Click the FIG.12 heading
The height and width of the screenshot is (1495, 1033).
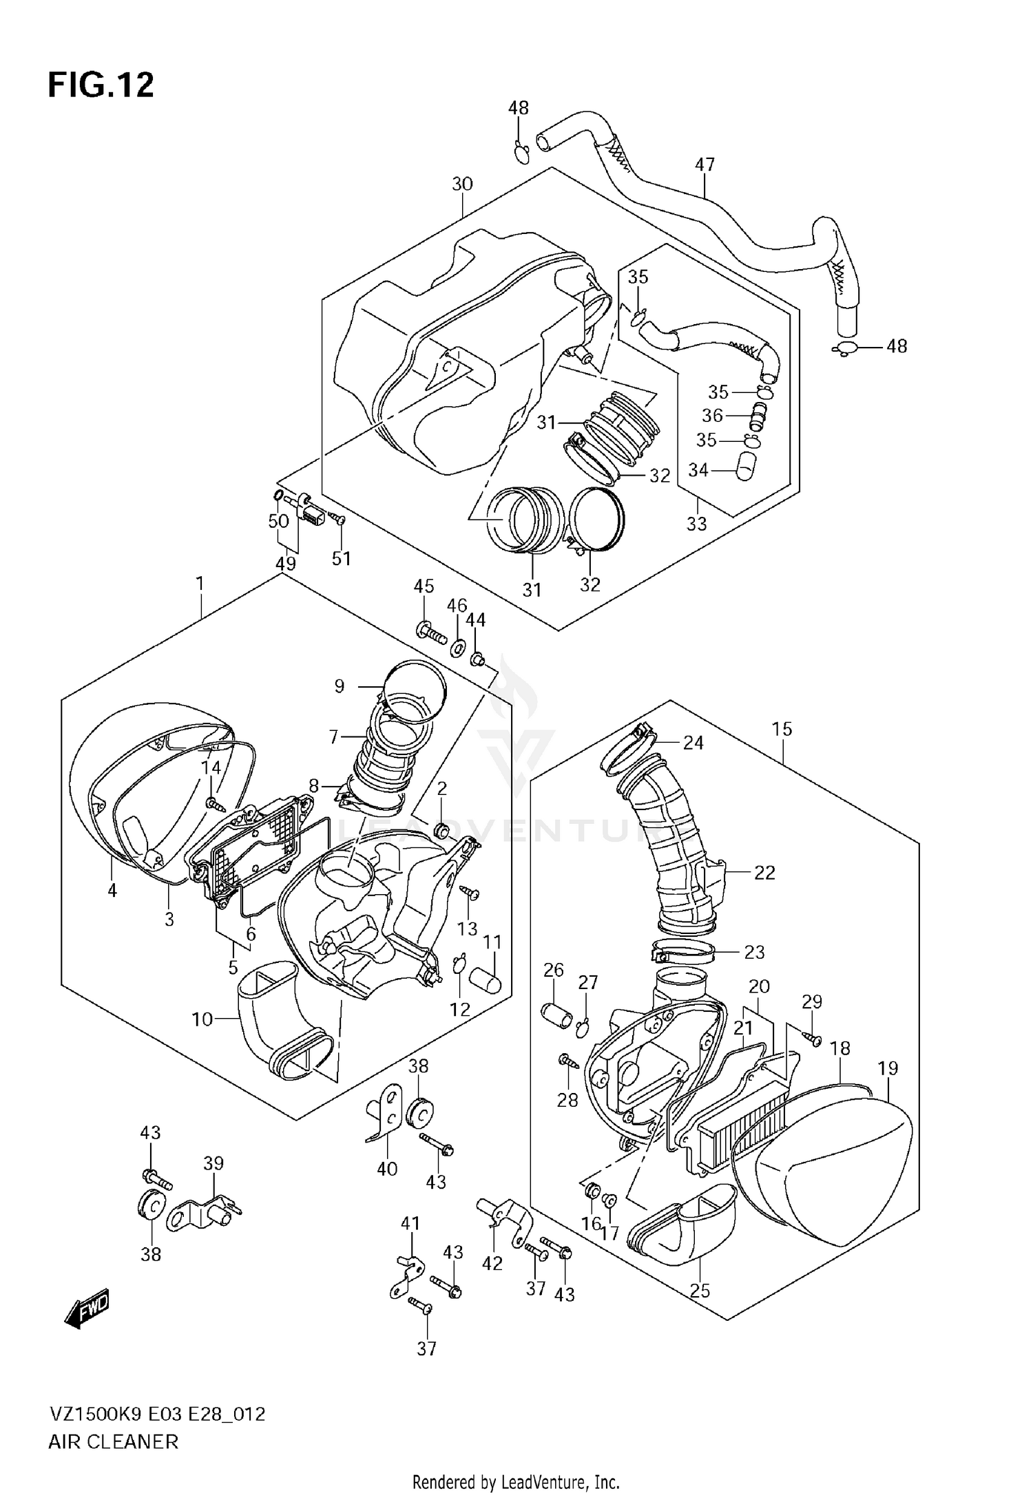(101, 86)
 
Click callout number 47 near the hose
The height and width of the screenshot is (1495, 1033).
(705, 165)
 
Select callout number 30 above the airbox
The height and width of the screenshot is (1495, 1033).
(462, 184)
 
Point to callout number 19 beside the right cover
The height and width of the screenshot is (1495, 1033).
(888, 1068)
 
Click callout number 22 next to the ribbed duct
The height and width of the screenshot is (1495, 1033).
(764, 872)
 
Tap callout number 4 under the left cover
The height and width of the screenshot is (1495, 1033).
(112, 891)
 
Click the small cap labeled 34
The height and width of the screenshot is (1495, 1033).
(744, 469)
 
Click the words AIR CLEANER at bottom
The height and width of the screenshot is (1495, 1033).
(113, 1441)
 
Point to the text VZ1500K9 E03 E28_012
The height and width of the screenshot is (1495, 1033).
(156, 1414)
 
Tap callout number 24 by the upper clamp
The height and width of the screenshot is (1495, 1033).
(693, 742)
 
